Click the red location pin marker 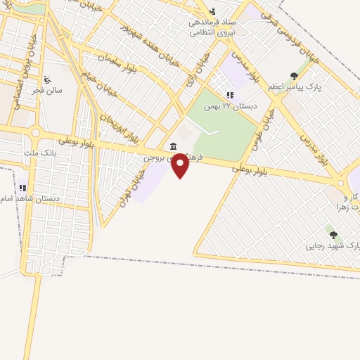click(181, 165)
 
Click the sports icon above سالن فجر click(47, 79)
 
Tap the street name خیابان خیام click(96, 87)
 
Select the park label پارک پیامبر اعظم click(295, 86)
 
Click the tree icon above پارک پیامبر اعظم click(294, 76)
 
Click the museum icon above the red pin click(173, 146)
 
